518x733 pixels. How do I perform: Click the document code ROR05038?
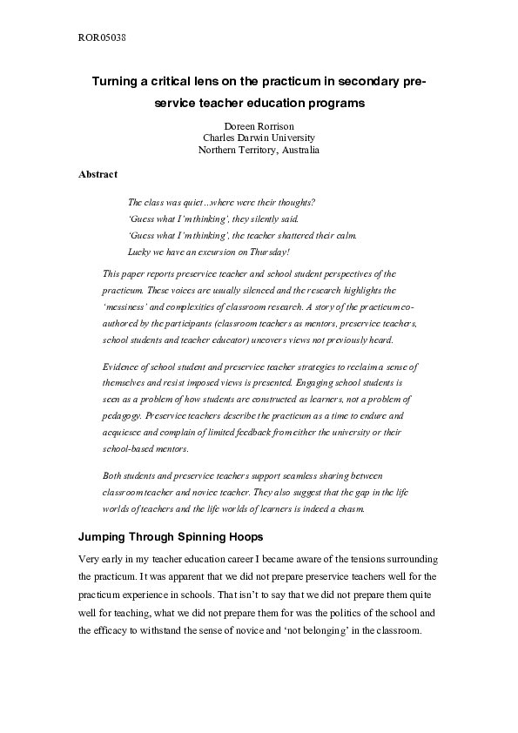103,38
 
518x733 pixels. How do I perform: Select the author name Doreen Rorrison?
259,125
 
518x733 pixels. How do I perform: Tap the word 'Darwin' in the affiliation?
259,138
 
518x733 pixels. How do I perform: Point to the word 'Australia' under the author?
296,150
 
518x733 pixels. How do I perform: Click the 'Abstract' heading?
98,174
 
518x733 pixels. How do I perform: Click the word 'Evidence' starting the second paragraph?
121,366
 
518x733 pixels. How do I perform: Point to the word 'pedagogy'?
122,416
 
